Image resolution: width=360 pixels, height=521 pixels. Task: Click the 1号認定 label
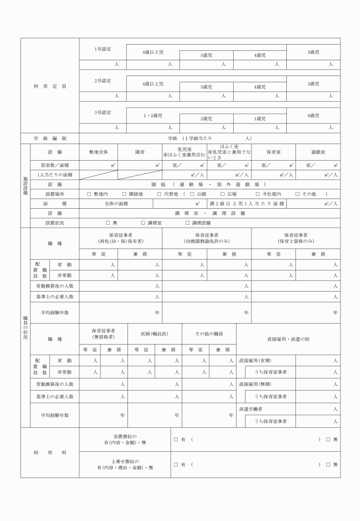103,49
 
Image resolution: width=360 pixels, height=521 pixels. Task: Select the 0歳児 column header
313,115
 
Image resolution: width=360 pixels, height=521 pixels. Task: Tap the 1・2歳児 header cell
153,115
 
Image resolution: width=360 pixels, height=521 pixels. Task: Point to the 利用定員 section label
50,86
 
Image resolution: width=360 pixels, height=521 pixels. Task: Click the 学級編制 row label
50,138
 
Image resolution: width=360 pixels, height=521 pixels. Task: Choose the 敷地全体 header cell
98,153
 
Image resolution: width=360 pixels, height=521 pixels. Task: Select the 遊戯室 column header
318,153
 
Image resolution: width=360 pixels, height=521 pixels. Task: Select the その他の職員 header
209,333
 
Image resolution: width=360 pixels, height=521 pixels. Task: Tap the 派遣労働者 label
251,409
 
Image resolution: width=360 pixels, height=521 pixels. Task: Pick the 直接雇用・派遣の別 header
288,339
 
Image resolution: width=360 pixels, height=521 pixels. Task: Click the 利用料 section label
50,452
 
